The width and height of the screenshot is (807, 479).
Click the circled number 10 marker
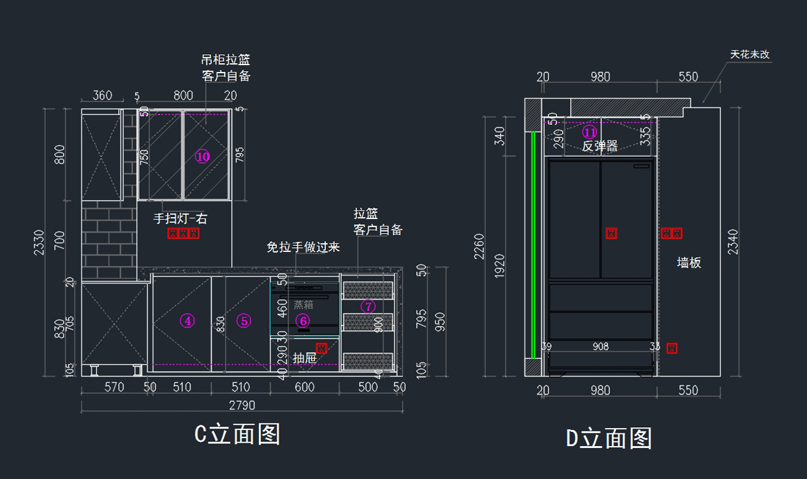point(202,157)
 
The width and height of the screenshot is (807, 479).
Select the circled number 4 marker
point(188,321)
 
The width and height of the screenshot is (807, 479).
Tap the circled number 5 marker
point(244,321)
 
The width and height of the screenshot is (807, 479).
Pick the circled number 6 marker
point(303,321)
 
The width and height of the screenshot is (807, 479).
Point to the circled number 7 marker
point(368,306)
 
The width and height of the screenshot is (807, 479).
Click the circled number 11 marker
point(590,132)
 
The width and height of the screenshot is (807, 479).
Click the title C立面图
point(237,435)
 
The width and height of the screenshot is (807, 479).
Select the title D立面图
point(609,439)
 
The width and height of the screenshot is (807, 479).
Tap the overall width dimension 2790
point(241,406)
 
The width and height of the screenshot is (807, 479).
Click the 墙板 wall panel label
point(689,263)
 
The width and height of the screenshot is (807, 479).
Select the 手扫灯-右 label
point(180,218)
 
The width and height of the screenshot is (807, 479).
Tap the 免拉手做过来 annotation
point(303,247)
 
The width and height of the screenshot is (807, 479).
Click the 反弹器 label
point(600,146)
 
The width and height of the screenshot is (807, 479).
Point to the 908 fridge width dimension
point(601,347)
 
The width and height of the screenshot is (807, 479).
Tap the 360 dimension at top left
point(102,96)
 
